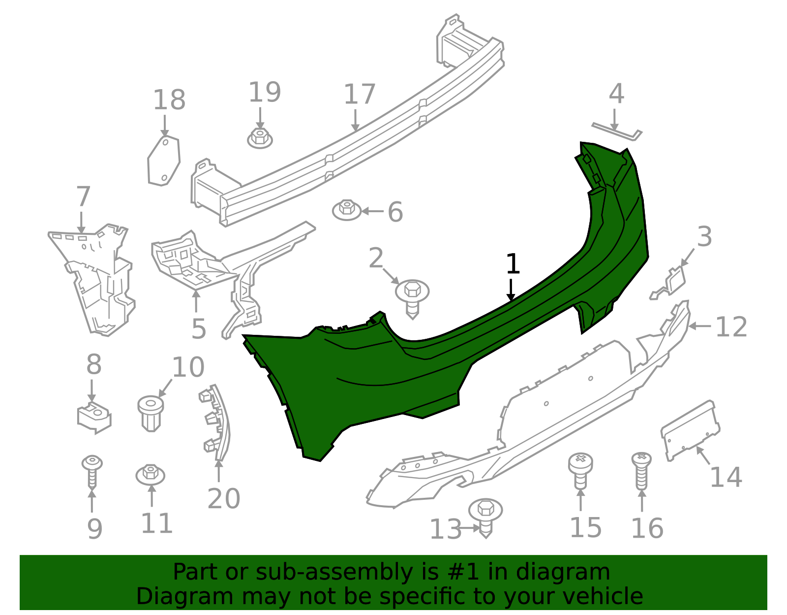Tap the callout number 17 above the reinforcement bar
[x=359, y=94]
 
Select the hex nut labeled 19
[x=260, y=138]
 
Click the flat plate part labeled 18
[x=164, y=161]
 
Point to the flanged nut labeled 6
[x=347, y=210]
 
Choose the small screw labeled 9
[x=92, y=472]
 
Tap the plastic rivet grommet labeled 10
[x=151, y=413]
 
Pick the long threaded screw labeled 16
[x=641, y=471]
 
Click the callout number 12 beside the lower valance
[x=731, y=327]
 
